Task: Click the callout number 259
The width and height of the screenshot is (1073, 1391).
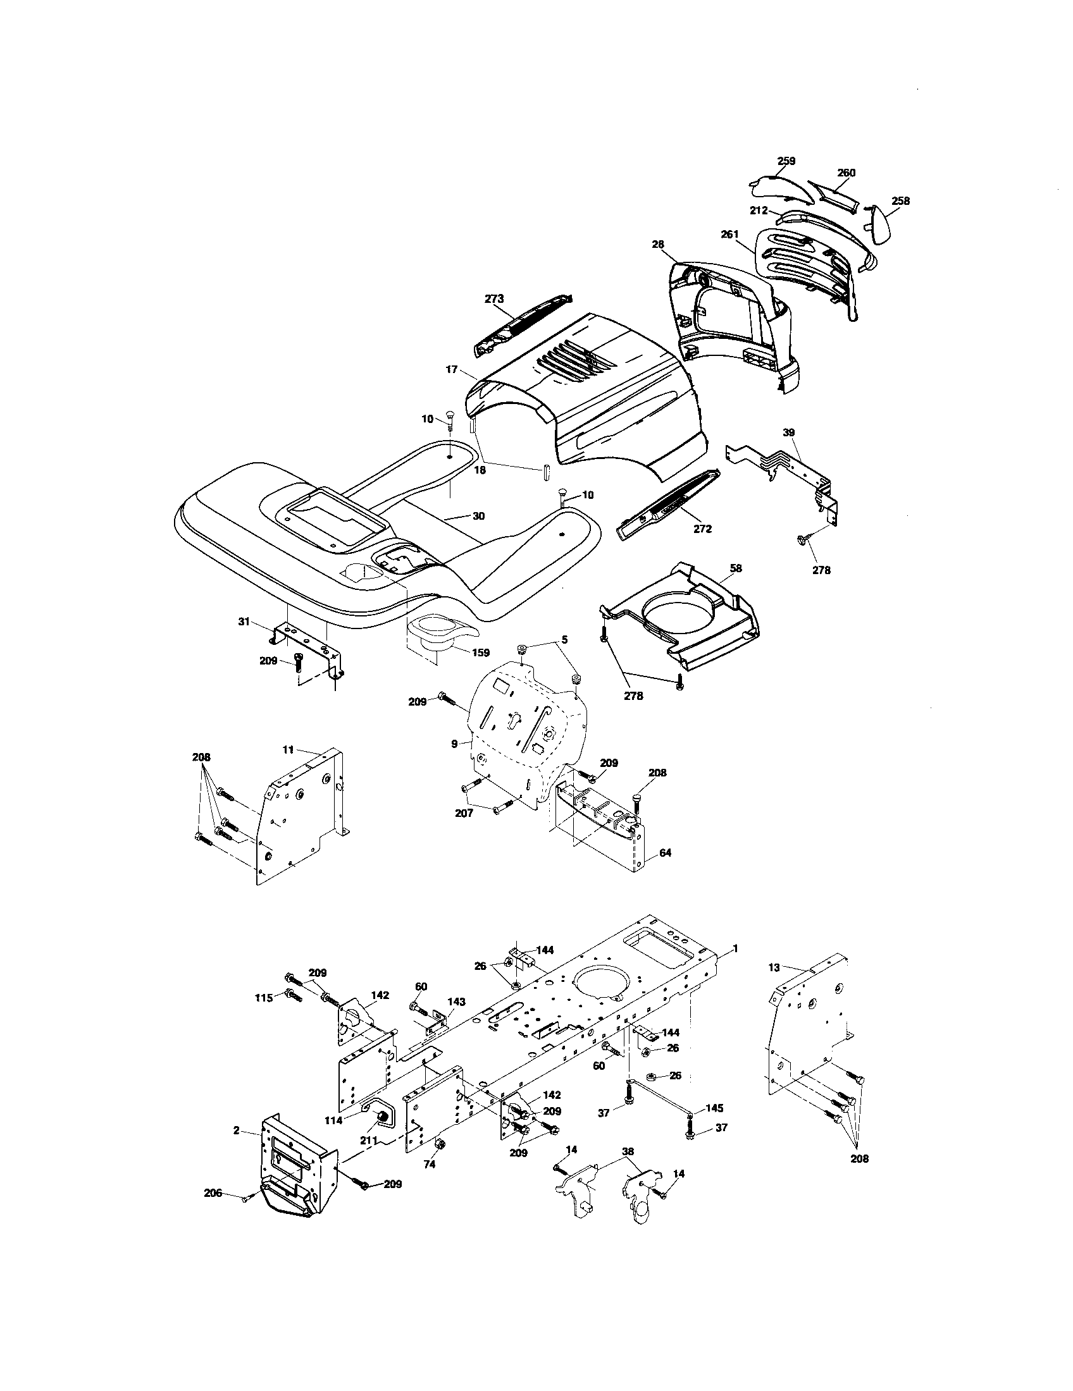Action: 786,161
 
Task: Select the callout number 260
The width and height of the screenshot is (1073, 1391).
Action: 846,173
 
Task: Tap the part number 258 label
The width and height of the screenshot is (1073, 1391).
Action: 900,201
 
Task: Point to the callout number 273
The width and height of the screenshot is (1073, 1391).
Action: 495,298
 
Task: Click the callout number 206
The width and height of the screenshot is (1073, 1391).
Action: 213,1193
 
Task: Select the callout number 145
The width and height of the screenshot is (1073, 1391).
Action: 714,1108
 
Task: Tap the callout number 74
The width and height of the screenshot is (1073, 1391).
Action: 430,1163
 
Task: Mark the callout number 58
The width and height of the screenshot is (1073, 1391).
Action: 736,568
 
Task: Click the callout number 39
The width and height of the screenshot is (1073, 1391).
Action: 789,432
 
